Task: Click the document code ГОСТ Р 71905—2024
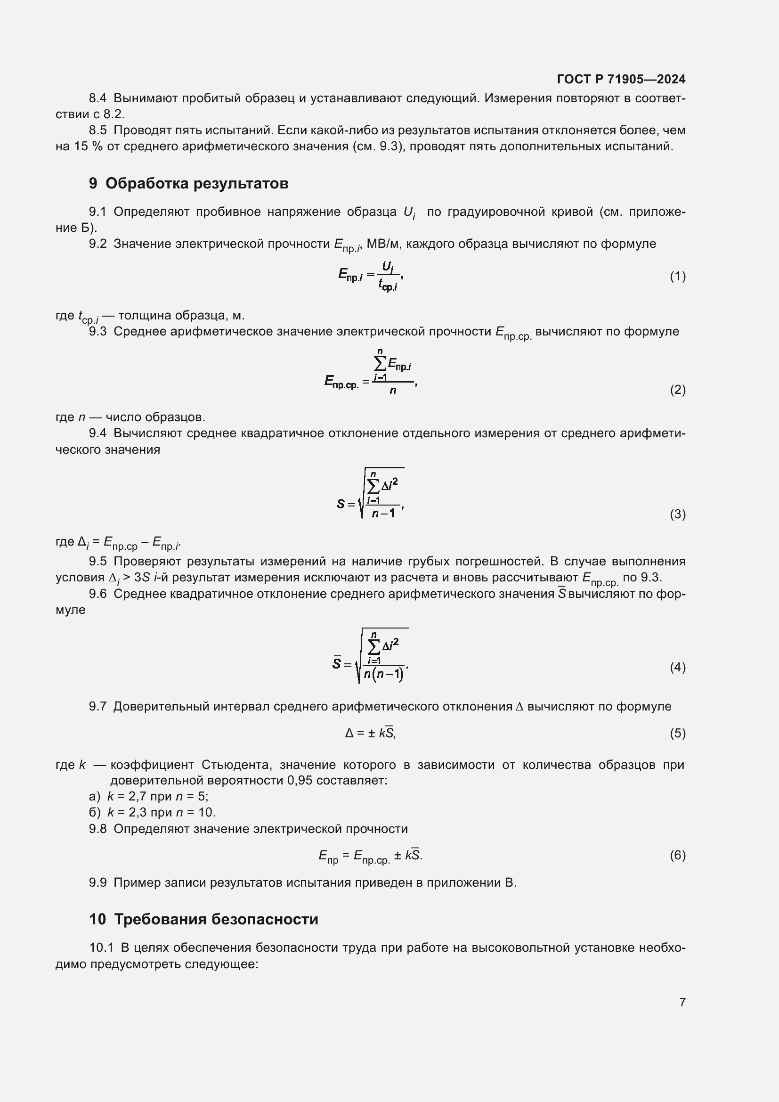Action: tap(621, 79)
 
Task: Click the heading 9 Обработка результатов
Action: tap(188, 183)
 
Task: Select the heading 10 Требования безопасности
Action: tap(203, 919)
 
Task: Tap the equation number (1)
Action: tap(677, 277)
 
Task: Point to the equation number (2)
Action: tap(677, 390)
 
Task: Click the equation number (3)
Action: tap(677, 514)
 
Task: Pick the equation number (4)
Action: tap(677, 667)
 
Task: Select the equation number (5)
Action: tap(677, 733)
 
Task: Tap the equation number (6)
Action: tap(677, 855)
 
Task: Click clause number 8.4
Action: tap(98, 98)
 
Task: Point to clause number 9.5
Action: tap(98, 561)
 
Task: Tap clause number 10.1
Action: tap(101, 947)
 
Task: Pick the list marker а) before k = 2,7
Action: tap(95, 797)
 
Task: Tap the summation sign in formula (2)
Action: tap(380, 364)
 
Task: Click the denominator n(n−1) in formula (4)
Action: tap(383, 674)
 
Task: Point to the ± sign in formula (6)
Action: tap(398, 855)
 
